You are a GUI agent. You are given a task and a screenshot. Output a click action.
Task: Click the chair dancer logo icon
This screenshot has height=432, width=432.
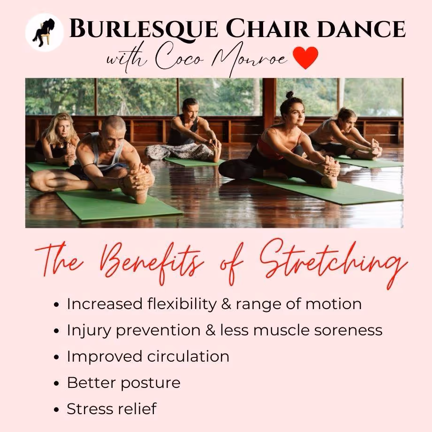tap(45, 32)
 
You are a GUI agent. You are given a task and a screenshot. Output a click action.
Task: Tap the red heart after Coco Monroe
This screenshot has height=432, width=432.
tap(305, 57)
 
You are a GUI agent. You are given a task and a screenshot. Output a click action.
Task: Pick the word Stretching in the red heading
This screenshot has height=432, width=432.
tap(328, 262)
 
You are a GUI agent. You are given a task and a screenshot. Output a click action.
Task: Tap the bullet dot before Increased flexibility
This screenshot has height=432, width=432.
tap(57, 304)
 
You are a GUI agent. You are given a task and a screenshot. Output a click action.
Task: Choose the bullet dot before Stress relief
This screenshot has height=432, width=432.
tap(57, 409)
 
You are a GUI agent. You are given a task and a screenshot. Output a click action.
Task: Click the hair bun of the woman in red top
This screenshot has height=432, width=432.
tap(289, 95)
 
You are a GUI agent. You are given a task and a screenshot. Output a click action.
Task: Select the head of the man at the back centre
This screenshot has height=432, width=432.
tap(190, 107)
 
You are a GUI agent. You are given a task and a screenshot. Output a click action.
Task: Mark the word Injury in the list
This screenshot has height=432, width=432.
tap(89, 330)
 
